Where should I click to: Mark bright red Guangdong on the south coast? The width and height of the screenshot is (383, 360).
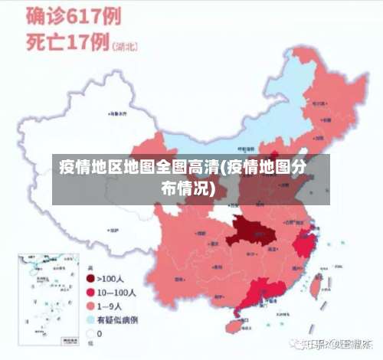pyautogui.click(x=264, y=292)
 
